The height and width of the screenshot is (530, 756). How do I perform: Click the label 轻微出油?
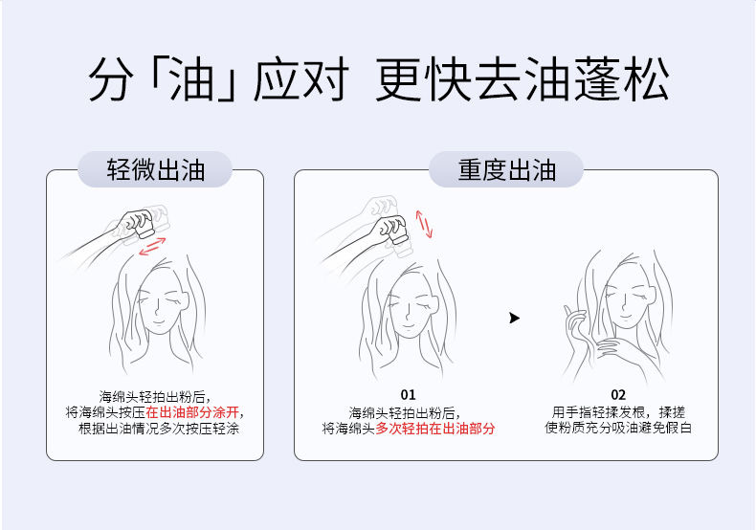(156, 169)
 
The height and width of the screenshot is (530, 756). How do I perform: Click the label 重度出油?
(507, 169)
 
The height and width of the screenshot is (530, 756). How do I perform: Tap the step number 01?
(408, 395)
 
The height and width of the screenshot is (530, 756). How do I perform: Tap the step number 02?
(618, 395)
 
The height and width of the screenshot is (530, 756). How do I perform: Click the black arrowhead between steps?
(515, 318)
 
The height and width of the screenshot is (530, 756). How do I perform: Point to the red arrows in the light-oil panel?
(152, 246)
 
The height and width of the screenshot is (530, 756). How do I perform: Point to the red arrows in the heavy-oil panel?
(424, 224)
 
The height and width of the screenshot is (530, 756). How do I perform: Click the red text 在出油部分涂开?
(192, 412)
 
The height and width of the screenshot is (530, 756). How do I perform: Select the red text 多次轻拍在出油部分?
(434, 429)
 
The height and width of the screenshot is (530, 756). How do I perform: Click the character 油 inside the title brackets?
(192, 78)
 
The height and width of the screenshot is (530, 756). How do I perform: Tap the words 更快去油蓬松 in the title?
(523, 78)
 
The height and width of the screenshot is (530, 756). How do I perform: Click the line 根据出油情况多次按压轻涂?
(159, 429)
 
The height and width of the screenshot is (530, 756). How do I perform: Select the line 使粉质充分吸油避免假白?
(618, 428)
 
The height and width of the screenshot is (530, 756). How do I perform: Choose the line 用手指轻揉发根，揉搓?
(618, 412)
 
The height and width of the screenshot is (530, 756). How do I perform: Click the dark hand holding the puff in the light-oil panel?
(137, 223)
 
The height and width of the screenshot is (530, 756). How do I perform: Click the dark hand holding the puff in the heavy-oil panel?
(391, 231)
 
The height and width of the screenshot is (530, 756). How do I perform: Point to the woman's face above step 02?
(628, 298)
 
